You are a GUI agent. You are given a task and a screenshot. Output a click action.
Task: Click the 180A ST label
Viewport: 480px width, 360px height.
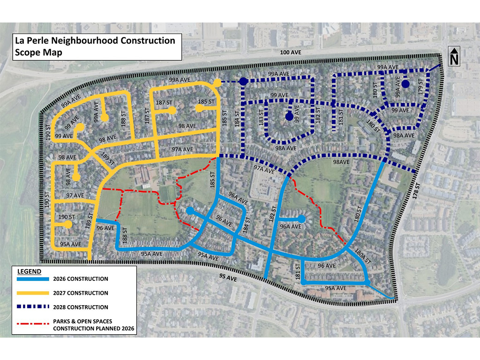[x=362, y=255]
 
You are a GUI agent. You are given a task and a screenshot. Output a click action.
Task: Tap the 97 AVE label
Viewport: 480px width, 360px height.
[x=75, y=195]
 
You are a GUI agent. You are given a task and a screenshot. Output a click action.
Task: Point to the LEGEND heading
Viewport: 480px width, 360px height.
[x=29, y=271]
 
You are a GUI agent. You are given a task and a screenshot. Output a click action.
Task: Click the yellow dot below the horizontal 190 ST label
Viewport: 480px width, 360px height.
[x=68, y=225]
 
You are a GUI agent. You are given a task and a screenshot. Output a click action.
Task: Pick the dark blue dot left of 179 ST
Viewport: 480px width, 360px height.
[x=405, y=84]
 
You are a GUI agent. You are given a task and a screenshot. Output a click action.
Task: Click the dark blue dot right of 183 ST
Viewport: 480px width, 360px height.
[x=289, y=116]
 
